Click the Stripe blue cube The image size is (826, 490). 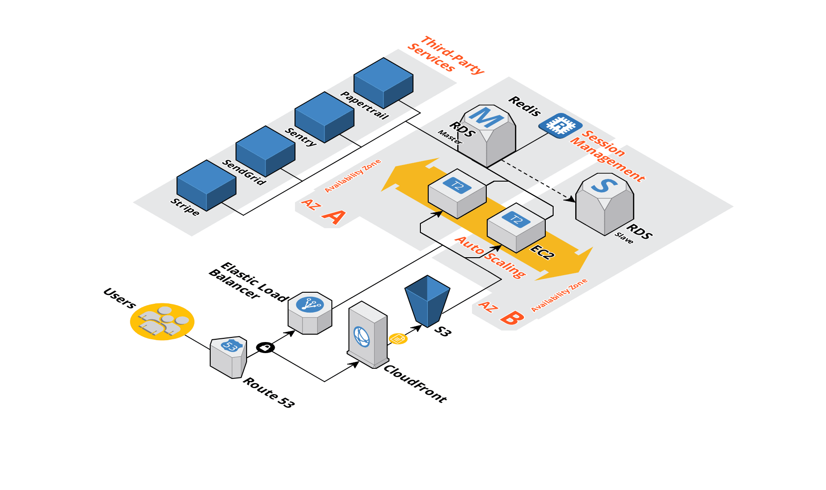206,186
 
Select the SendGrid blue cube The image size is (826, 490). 265,152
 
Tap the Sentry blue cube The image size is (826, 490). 324,118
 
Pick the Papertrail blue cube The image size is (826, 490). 383,83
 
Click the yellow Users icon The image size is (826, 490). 162,322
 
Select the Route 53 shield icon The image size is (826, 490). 229,358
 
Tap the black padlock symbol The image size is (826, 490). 265,348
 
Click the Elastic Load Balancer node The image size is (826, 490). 310,313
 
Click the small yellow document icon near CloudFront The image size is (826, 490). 398,339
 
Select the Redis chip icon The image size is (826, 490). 560,125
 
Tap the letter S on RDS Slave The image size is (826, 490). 604,185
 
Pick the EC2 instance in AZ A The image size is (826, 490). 457,193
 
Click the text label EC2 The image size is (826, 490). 543,252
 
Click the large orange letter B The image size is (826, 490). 512,318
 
